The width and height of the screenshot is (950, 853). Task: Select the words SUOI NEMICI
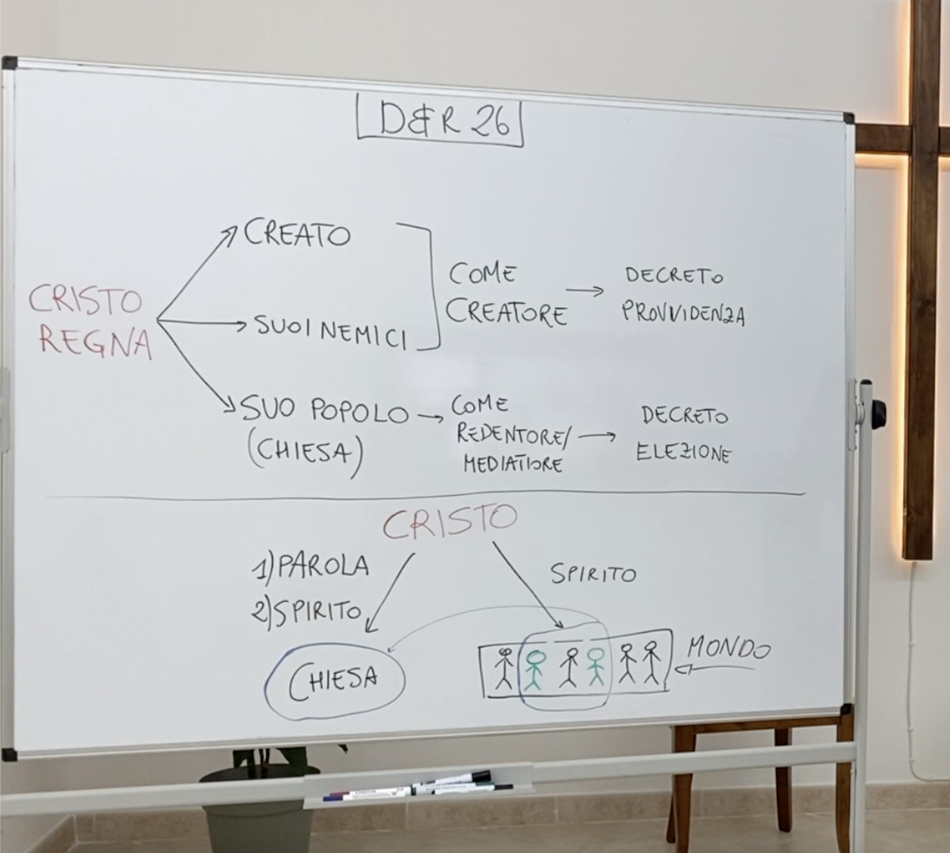point(331,332)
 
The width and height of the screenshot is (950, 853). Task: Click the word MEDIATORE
point(512,464)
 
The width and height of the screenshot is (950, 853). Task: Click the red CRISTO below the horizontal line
point(450,521)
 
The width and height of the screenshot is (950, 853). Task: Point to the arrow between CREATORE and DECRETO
point(585,291)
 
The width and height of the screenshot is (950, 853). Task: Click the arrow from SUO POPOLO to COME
point(430,416)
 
